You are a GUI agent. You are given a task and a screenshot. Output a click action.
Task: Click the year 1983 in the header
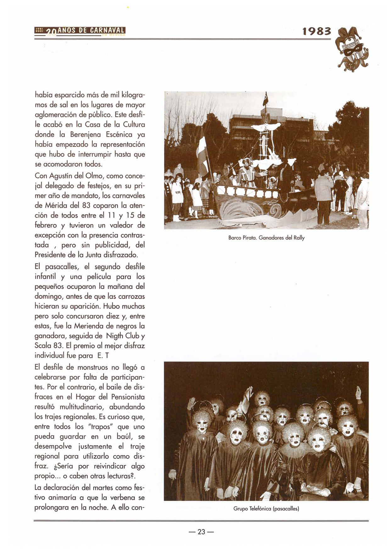tap(316, 31)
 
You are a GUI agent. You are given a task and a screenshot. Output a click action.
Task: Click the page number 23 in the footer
tap(201, 532)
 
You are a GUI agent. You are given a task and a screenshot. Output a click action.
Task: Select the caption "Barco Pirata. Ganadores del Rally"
tap(266, 238)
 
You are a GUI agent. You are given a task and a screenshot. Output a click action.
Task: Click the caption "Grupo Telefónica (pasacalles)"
tap(266, 508)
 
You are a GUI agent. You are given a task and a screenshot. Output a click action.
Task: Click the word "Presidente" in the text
tap(50, 255)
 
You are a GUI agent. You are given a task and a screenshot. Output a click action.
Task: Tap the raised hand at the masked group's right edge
tap(358, 393)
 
